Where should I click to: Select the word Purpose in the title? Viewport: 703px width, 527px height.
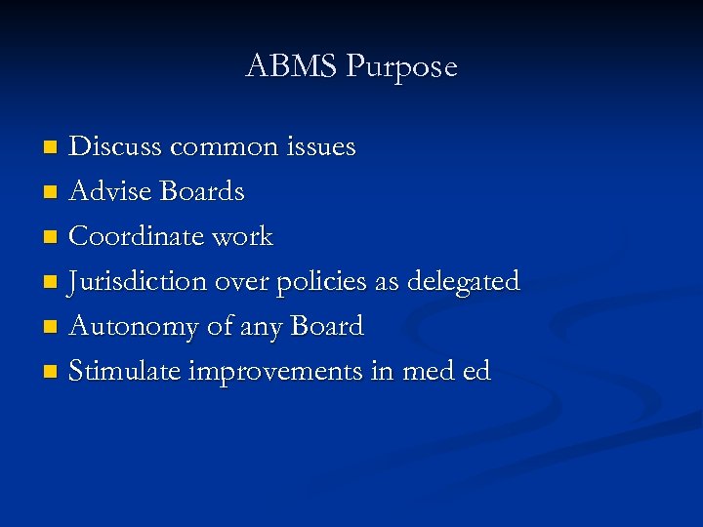tap(401, 67)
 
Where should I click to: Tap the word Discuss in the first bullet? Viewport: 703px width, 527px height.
tap(116, 146)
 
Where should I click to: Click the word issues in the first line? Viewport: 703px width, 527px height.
tap(321, 146)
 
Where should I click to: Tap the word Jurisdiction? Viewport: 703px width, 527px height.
tap(137, 282)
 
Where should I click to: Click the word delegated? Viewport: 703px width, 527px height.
tap(464, 281)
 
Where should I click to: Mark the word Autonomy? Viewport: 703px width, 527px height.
tap(134, 327)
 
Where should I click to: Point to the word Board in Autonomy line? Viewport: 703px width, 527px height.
tap(321, 326)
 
